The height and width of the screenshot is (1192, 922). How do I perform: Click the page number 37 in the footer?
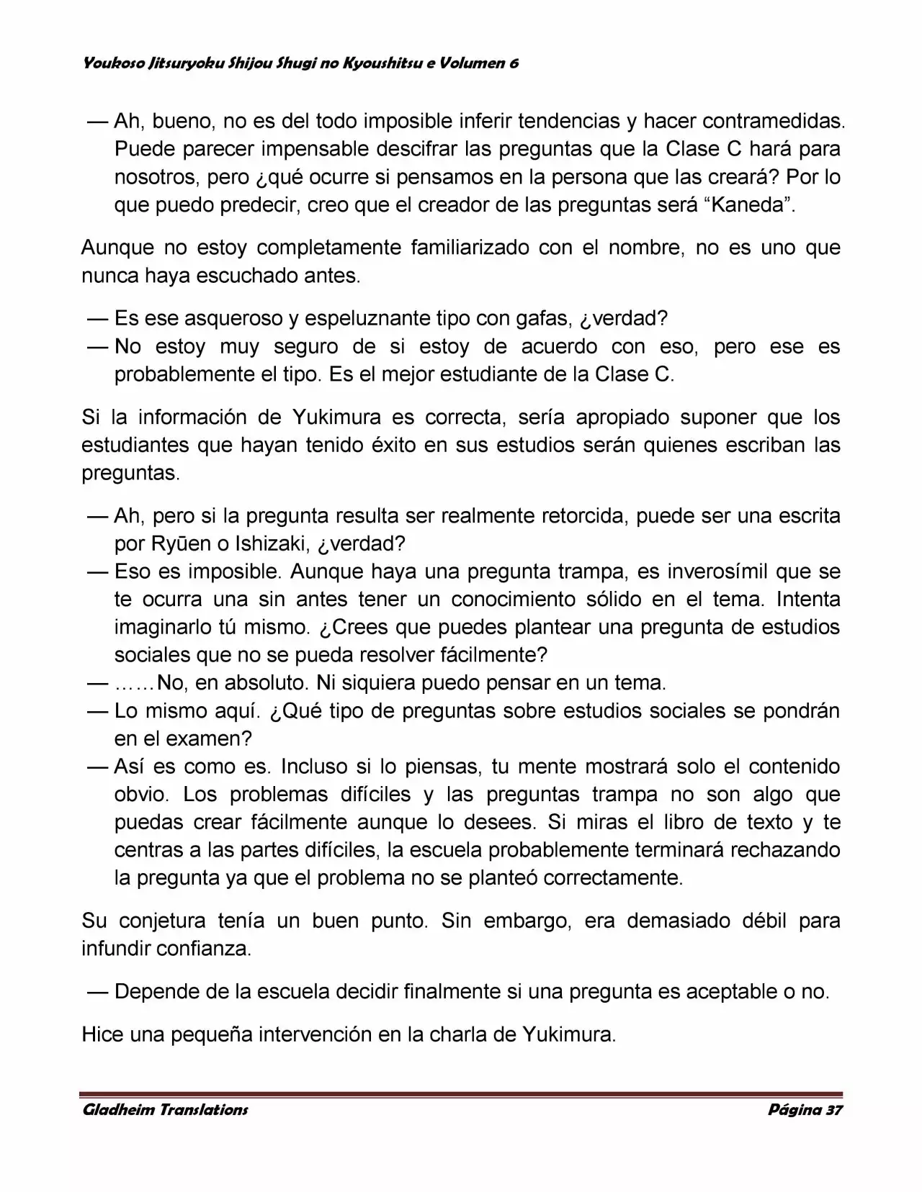833,1110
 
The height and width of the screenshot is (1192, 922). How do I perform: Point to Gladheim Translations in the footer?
166,1110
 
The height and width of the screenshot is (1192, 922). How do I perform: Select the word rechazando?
785,850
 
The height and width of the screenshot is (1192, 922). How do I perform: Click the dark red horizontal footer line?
461,1094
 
